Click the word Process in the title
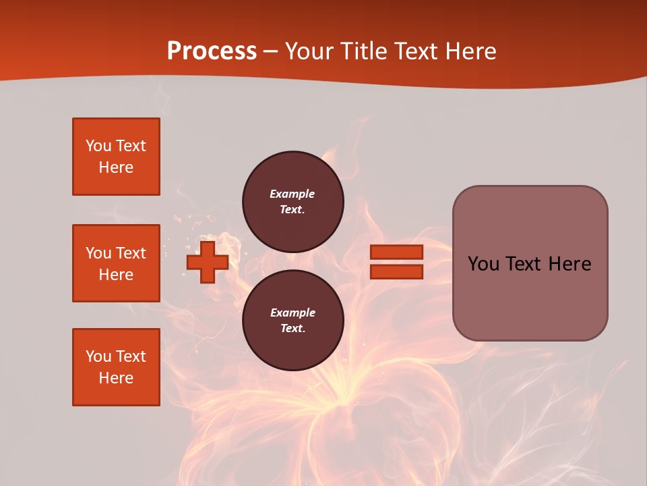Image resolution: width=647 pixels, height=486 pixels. click(212, 51)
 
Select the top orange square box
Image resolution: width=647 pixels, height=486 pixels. click(116, 157)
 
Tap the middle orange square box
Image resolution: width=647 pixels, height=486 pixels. click(116, 263)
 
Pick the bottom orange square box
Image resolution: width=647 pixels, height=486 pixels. click(116, 367)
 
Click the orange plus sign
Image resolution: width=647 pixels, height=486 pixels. click(208, 262)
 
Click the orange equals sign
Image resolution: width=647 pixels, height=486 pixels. click(396, 262)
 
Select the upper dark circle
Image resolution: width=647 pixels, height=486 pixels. click(293, 202)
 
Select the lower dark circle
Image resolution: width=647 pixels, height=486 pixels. click(293, 321)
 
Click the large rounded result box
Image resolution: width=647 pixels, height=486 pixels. click(530, 263)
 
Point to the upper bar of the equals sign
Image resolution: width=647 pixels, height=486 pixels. click(396, 252)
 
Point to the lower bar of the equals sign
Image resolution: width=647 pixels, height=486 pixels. click(396, 271)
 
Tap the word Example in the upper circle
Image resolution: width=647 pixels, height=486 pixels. click(292, 194)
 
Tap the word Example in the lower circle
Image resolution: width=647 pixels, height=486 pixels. click(292, 313)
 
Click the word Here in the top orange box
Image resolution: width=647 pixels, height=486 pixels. click(116, 167)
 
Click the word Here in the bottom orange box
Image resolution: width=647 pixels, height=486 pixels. click(116, 378)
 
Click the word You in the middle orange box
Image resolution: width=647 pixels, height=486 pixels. click(98, 253)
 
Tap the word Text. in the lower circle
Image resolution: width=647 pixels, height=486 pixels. click(292, 329)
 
